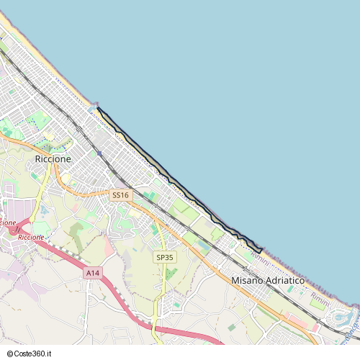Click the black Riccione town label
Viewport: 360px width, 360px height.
point(53,158)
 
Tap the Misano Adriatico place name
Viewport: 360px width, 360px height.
point(268,280)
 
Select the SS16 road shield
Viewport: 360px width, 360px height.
point(120,195)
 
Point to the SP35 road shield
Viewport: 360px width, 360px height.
point(165,257)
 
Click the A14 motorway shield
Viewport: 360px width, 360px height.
point(92,273)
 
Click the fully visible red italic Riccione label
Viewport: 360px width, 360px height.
point(31,237)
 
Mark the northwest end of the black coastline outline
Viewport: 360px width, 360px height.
point(97,109)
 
